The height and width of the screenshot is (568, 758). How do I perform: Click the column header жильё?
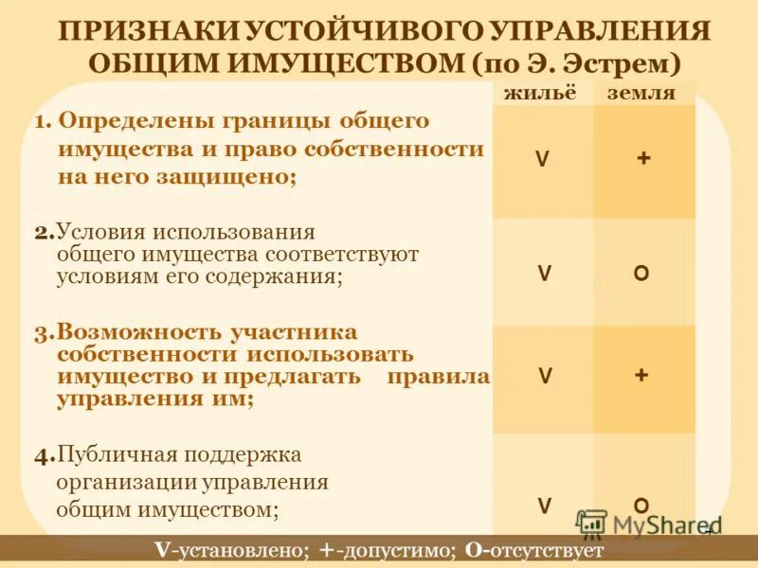(x=539, y=93)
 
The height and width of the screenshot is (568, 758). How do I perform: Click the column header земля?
(x=641, y=93)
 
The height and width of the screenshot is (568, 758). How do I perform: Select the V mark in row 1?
(x=541, y=160)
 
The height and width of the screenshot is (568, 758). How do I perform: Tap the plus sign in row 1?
(x=643, y=159)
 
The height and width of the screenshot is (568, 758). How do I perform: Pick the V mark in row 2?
(x=544, y=274)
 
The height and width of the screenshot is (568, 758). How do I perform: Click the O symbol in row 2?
(x=641, y=274)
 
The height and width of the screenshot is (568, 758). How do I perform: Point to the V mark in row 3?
(x=545, y=376)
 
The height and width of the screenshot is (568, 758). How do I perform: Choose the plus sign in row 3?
(x=641, y=375)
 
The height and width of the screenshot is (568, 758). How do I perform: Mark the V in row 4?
(x=545, y=506)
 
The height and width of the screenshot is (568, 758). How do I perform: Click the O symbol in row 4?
(x=641, y=505)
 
